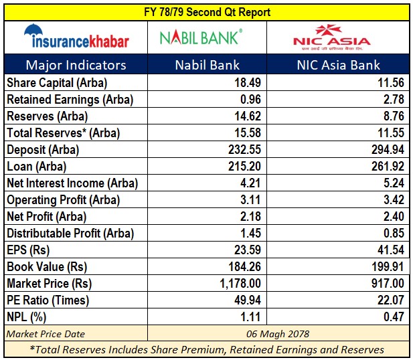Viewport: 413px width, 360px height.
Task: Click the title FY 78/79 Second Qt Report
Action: tap(206, 12)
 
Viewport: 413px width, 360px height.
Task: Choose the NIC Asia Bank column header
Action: tap(340, 65)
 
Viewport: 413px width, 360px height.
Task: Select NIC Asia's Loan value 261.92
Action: tap(385, 166)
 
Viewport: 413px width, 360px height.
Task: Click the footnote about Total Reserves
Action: tap(208, 349)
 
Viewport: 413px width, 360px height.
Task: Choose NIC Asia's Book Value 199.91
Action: tap(385, 267)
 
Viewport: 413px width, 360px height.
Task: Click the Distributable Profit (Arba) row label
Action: tap(70, 234)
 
